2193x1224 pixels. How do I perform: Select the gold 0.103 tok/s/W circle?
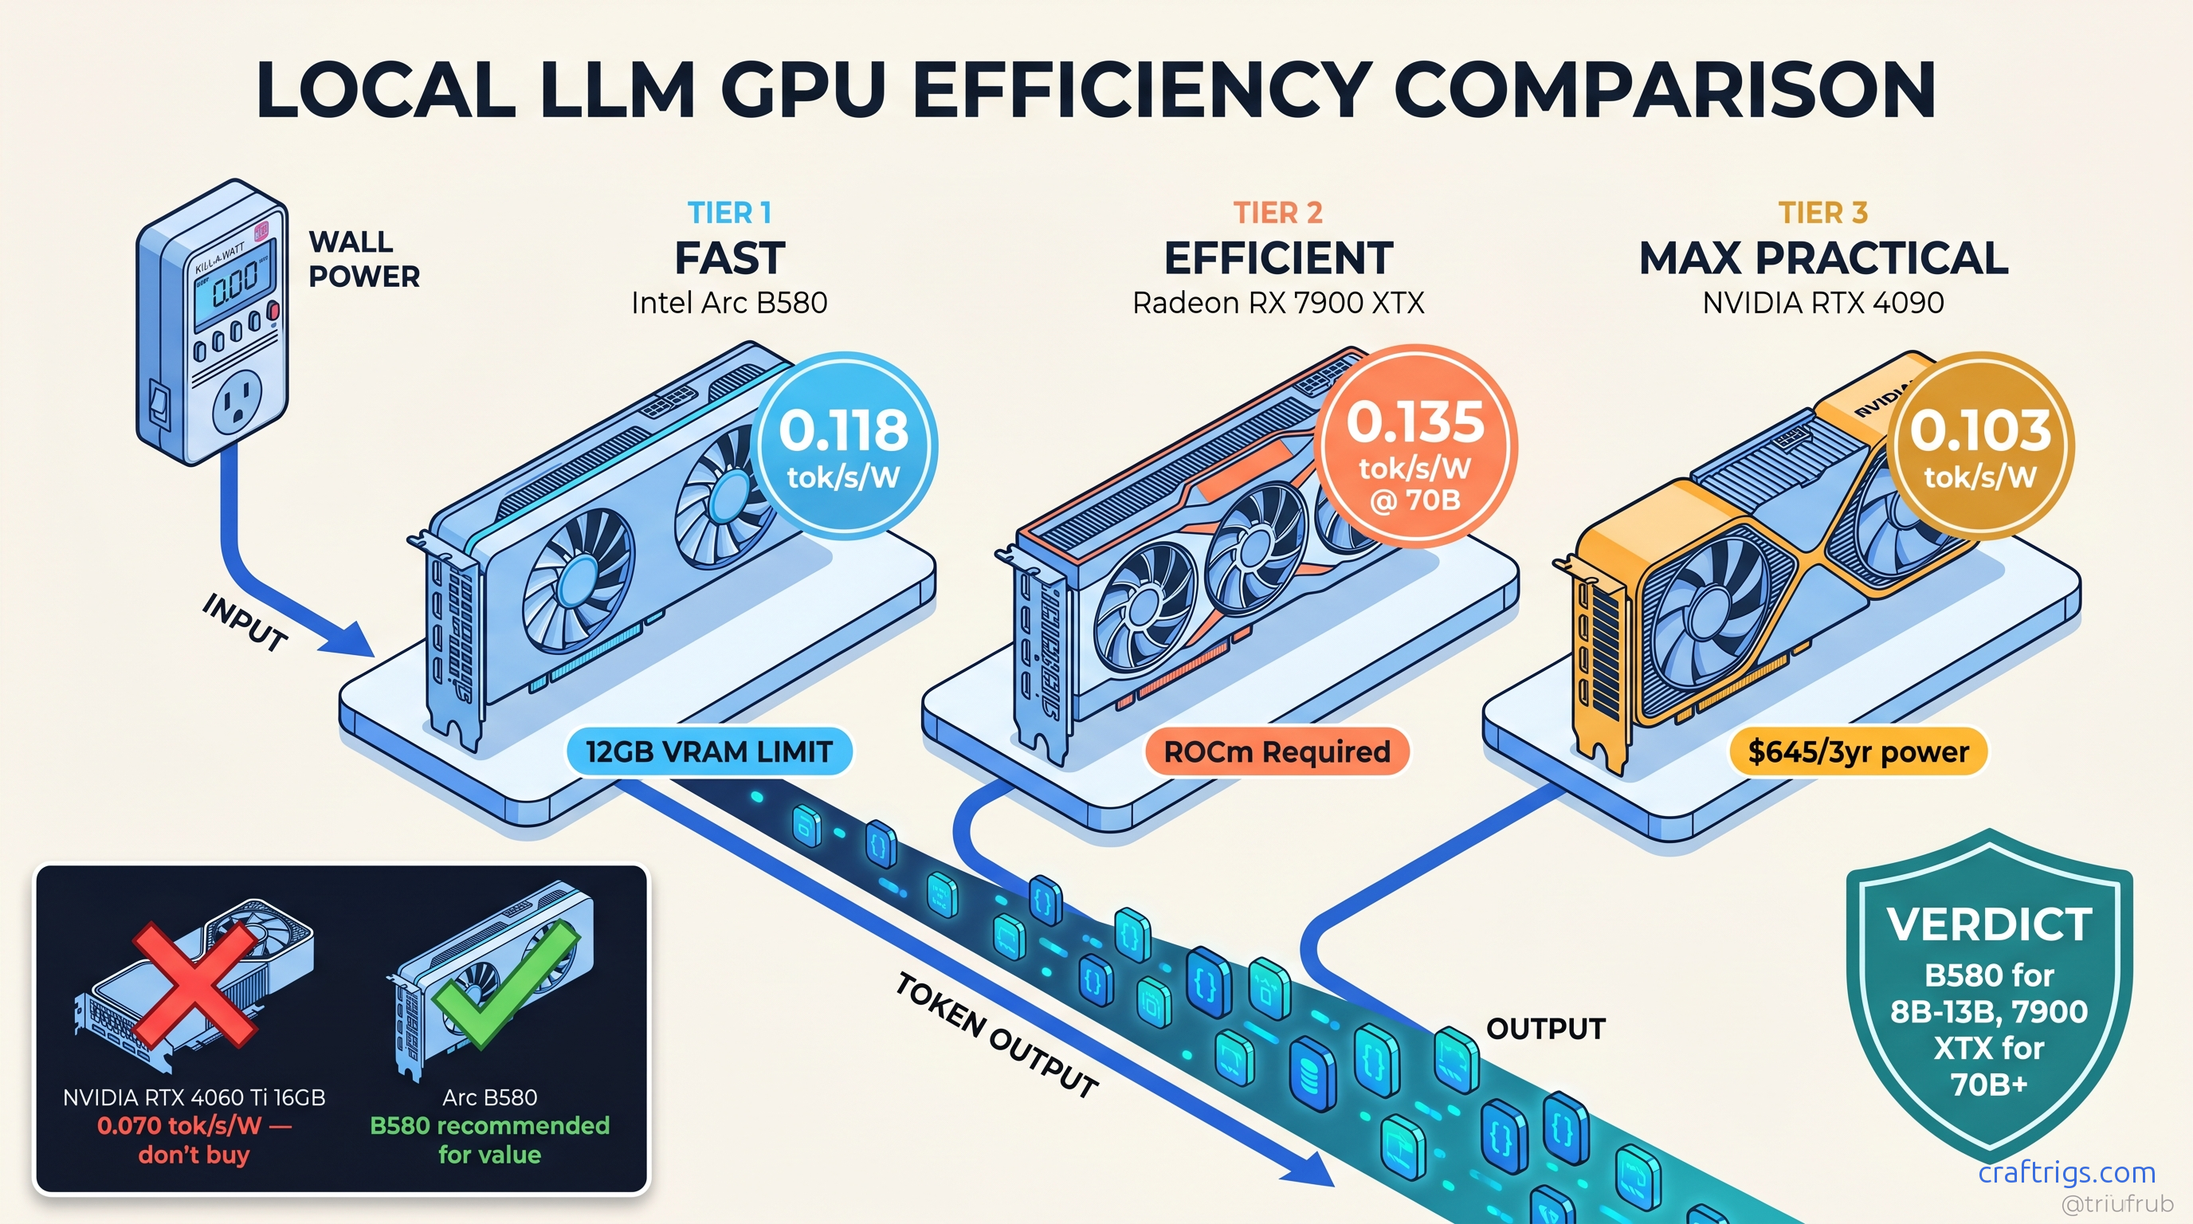[1979, 446]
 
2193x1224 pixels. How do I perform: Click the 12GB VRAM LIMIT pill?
[708, 751]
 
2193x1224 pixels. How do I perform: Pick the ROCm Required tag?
[1276, 751]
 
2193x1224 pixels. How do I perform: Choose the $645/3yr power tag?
[1858, 751]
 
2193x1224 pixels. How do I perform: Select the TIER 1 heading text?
[730, 212]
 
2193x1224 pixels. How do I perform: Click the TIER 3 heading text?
[1822, 212]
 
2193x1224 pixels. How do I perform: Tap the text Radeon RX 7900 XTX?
[1278, 303]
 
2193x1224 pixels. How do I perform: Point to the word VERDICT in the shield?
[1989, 924]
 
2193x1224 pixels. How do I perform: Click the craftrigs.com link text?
[2066, 1172]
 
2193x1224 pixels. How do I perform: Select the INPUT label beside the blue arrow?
[245, 622]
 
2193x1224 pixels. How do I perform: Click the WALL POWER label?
[363, 259]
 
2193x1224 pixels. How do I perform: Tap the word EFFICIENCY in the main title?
[1141, 90]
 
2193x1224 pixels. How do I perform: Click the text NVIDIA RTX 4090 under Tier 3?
[1822, 303]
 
